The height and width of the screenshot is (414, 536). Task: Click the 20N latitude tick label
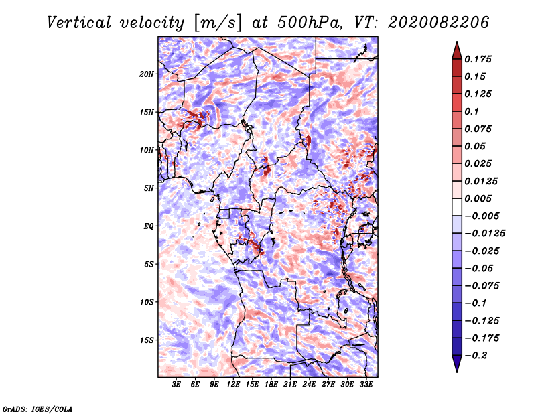[147, 74]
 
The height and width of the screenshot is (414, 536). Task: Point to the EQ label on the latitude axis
[149, 226]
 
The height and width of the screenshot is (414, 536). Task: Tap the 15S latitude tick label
[147, 340]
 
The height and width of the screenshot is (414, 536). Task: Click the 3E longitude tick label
[176, 385]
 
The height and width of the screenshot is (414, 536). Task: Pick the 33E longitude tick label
[366, 385]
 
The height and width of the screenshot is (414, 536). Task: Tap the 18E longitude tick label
[271, 385]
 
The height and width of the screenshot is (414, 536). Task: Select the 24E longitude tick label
[309, 385]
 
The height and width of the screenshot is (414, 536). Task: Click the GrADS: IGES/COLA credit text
[37, 408]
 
